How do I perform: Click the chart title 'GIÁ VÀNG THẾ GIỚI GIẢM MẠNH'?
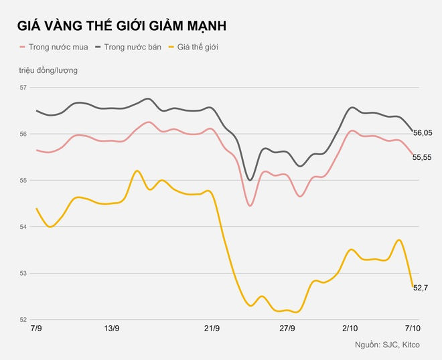click(x=121, y=26)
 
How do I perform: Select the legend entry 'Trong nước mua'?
click(x=56, y=48)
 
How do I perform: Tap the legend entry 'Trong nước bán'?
click(x=132, y=48)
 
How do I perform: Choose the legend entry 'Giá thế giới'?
click(x=198, y=48)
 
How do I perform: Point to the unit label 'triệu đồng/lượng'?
click(x=48, y=70)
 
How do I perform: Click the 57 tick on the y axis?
click(x=23, y=88)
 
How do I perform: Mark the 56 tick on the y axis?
click(x=23, y=134)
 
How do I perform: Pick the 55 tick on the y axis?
click(x=23, y=181)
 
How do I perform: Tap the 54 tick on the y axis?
click(x=23, y=227)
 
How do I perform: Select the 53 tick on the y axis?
click(x=23, y=273)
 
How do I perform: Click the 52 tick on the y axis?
click(x=23, y=320)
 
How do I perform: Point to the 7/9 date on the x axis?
click(x=36, y=329)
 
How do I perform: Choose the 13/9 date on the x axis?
click(x=112, y=329)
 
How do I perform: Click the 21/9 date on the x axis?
click(x=212, y=329)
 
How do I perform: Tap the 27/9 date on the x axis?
click(x=287, y=329)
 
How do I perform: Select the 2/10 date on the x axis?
click(x=350, y=329)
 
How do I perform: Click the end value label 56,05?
click(x=423, y=133)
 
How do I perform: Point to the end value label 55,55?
click(x=423, y=157)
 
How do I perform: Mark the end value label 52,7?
click(x=421, y=288)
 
